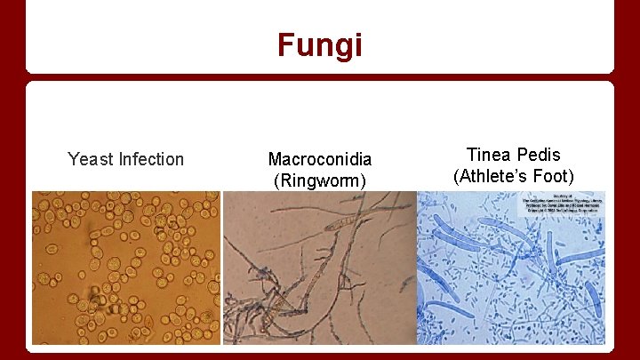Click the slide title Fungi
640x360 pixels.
coord(319,44)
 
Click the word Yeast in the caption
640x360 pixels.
coord(90,160)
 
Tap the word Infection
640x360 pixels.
coord(151,160)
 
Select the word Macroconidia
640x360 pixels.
coord(320,160)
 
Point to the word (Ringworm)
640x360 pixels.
coord(320,181)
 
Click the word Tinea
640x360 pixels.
coord(489,154)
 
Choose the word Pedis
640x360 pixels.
coord(541,154)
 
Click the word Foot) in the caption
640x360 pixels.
coord(556,175)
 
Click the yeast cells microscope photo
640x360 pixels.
coord(125,268)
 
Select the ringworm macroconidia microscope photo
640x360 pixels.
coord(319,268)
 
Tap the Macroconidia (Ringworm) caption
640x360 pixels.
coord(320,171)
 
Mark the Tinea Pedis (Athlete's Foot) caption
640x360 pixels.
coord(515,164)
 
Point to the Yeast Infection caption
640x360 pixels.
coord(125,160)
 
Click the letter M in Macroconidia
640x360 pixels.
coord(275,160)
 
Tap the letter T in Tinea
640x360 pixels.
coord(471,154)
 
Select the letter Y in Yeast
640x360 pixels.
coord(73,160)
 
